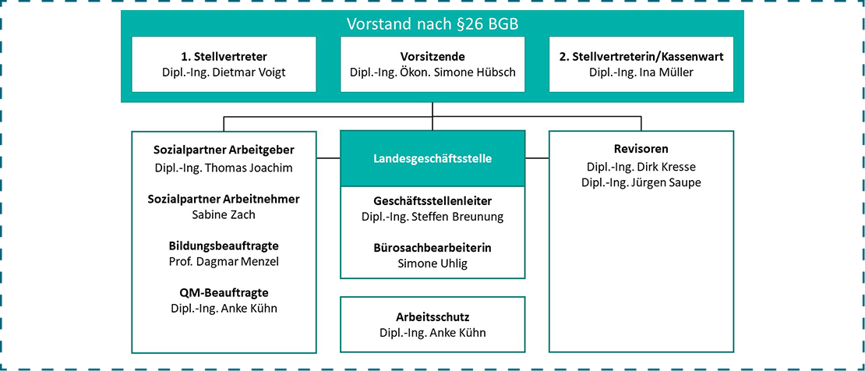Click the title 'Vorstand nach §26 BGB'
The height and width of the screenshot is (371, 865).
pyautogui.click(x=432, y=23)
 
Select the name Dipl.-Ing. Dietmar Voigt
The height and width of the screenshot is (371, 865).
pyautogui.click(x=224, y=72)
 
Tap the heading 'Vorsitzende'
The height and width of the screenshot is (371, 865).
pyautogui.click(x=432, y=57)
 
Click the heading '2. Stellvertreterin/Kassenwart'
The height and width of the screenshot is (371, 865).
pyautogui.click(x=641, y=57)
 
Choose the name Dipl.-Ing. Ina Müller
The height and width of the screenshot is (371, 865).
pyautogui.click(x=641, y=72)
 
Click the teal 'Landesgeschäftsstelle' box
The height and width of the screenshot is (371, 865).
pyautogui.click(x=432, y=158)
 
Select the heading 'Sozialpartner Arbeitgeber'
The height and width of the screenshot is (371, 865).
pyautogui.click(x=224, y=150)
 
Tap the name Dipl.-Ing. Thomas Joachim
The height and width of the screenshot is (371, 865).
pyautogui.click(x=224, y=168)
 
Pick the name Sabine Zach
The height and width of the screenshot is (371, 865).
pyautogui.click(x=224, y=214)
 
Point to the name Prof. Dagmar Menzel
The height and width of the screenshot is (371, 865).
pyautogui.click(x=224, y=262)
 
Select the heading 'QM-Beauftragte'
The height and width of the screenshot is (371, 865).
pyautogui.click(x=224, y=292)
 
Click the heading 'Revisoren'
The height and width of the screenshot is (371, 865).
pyautogui.click(x=641, y=149)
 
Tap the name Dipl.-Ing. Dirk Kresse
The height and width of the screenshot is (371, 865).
pyautogui.click(x=641, y=167)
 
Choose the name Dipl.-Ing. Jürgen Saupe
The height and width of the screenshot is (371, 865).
pyautogui.click(x=641, y=182)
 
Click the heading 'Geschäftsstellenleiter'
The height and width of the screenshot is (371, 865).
pyautogui.click(x=432, y=200)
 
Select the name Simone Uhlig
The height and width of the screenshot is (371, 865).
pyautogui.click(x=432, y=263)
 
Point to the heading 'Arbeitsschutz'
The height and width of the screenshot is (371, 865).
pyautogui.click(x=432, y=317)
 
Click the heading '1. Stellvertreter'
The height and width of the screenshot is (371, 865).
pyautogui.click(x=224, y=57)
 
